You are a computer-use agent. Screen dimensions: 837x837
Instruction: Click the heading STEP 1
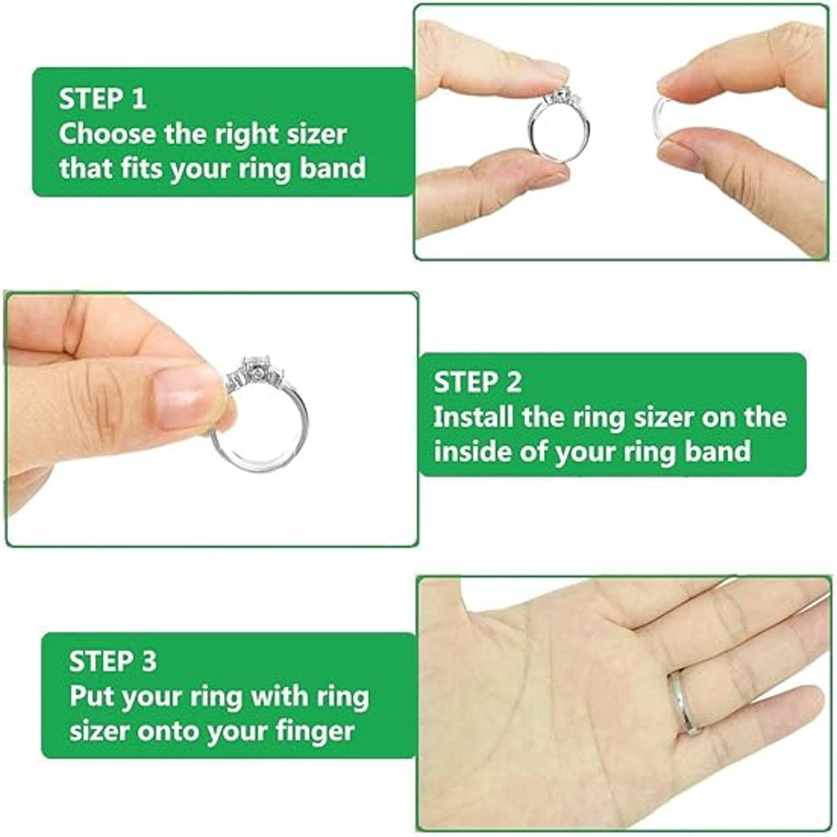pyautogui.click(x=102, y=99)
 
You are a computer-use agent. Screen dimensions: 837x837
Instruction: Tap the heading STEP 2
pyautogui.click(x=477, y=383)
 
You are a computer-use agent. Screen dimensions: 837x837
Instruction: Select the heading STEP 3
pyautogui.click(x=112, y=661)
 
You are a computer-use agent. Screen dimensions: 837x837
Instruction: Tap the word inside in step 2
pyautogui.click(x=471, y=452)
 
